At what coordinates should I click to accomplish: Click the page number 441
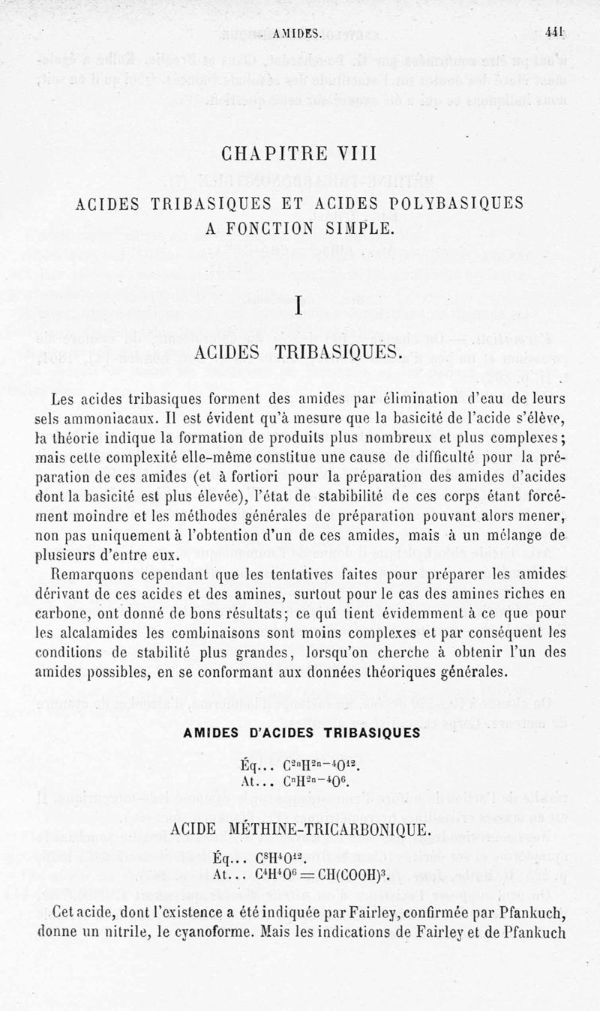[554, 33]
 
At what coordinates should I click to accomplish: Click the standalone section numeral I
[298, 307]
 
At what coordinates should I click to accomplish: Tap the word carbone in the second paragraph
[64, 615]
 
